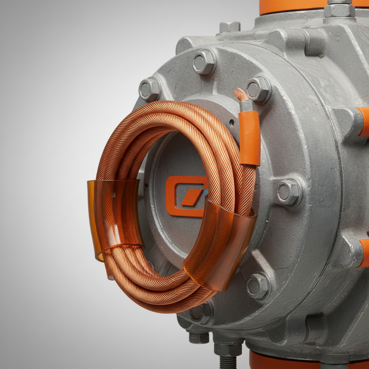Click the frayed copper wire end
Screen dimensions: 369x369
241,94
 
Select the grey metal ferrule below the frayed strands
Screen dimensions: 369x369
246,106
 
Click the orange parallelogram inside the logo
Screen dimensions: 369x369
192,197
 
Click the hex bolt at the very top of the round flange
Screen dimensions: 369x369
204,62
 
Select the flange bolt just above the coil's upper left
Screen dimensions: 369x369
149,89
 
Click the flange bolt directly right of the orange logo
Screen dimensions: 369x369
289,192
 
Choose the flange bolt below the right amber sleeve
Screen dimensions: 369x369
258,286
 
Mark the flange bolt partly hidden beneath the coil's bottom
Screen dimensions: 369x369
201,312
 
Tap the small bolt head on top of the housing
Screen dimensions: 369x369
230,27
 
